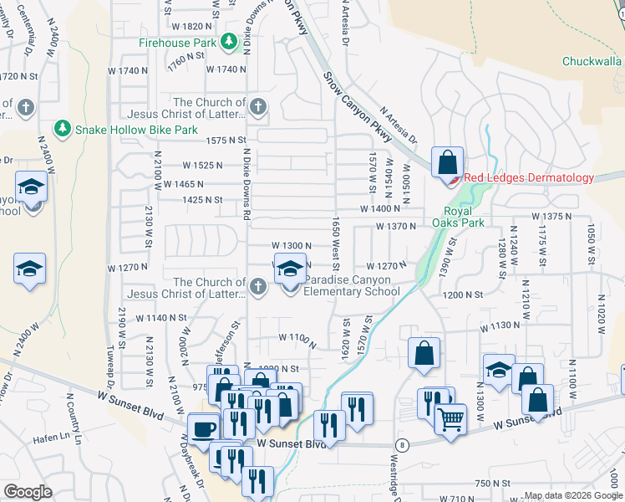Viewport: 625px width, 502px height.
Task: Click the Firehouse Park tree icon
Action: tap(228, 42)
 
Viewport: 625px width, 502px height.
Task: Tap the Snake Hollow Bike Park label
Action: tap(136, 130)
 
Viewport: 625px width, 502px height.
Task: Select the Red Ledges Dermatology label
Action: tap(528, 177)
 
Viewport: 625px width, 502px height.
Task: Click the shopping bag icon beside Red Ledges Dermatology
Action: tap(448, 161)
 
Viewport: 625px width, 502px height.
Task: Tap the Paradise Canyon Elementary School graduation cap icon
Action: tap(290, 269)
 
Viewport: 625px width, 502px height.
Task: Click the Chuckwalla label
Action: tap(592, 61)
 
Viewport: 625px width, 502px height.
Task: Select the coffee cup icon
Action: tap(204, 429)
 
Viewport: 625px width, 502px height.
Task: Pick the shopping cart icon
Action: tap(451, 417)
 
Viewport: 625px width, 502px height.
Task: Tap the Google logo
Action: tap(28, 492)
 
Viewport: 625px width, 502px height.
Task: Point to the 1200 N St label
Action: tap(463, 295)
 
